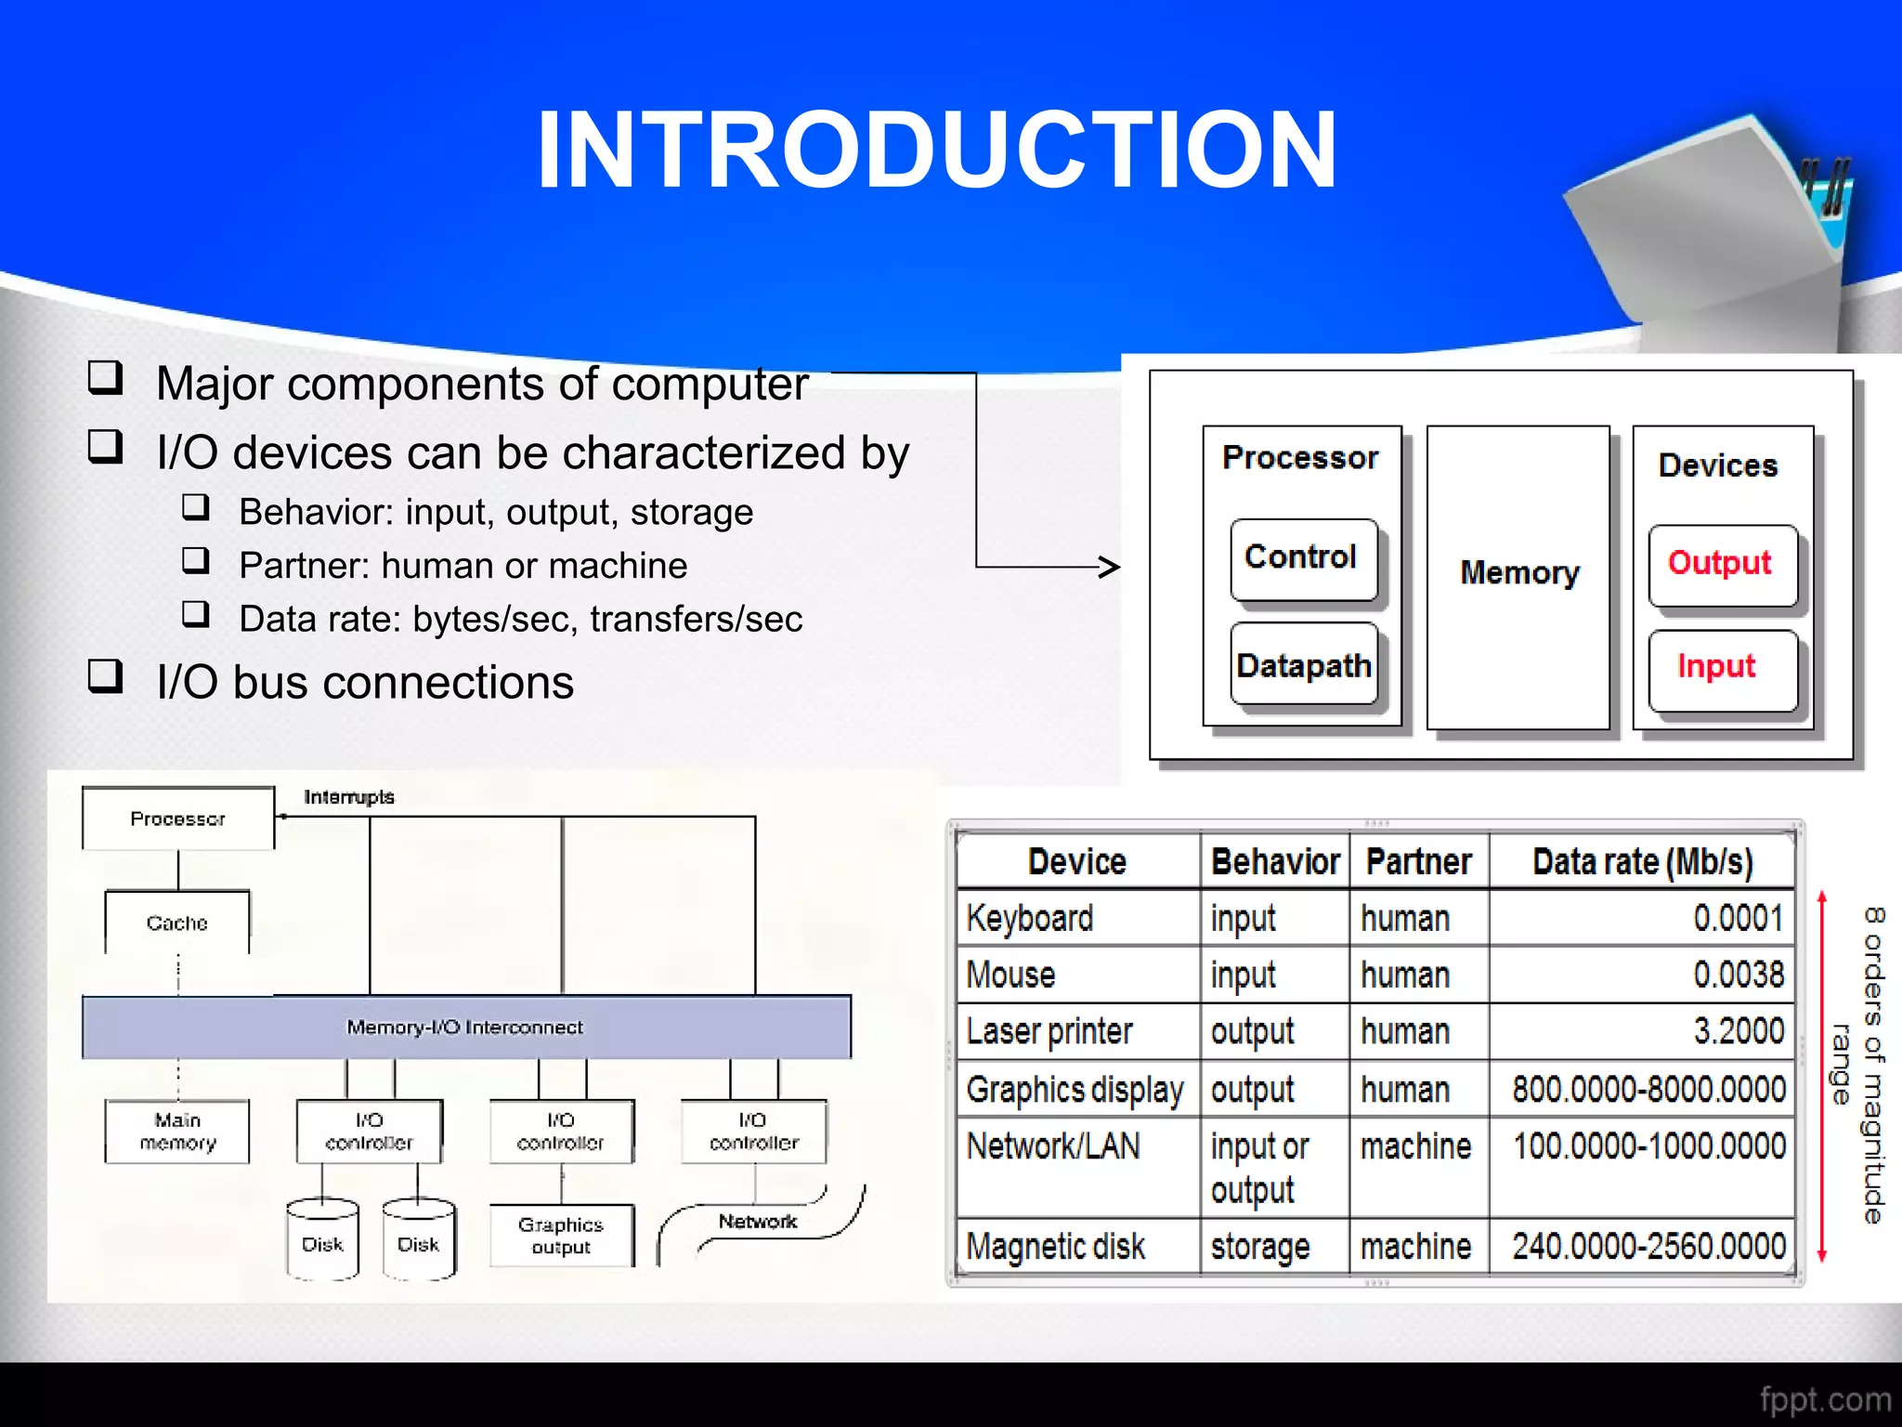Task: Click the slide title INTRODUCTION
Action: click(x=936, y=151)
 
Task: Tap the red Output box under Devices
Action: click(x=1722, y=565)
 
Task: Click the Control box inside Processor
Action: click(x=1302, y=559)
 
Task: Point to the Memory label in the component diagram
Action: click(x=1519, y=572)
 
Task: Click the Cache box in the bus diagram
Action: click(x=176, y=923)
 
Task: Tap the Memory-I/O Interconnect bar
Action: click(x=465, y=1027)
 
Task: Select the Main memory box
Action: click(x=177, y=1131)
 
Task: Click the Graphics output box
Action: click(x=561, y=1236)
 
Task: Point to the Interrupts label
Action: click(x=349, y=797)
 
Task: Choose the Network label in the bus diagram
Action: click(x=758, y=1222)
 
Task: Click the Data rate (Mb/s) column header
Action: click(x=1642, y=862)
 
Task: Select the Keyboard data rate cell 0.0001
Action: click(x=1737, y=918)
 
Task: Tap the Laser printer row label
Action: click(x=1049, y=1031)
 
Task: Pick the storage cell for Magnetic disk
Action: click(x=1260, y=1246)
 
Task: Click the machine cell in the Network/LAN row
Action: click(x=1415, y=1146)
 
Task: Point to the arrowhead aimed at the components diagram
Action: click(x=1109, y=567)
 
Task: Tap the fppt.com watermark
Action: click(x=1825, y=1399)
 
